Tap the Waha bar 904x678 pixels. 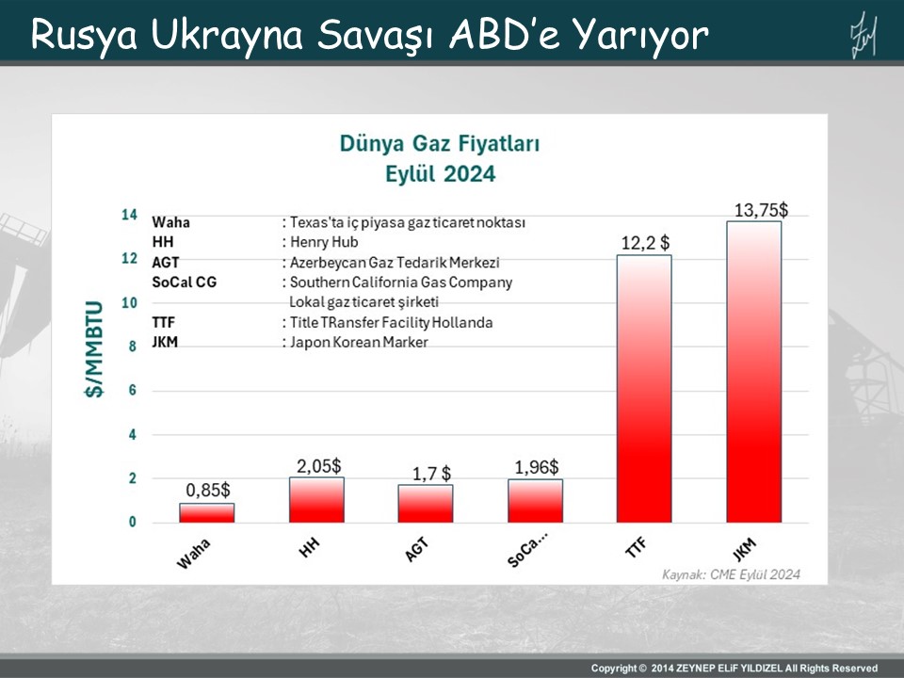point(207,512)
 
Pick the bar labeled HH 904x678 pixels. point(316,499)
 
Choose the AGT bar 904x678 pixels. point(426,503)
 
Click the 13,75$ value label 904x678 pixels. point(761,210)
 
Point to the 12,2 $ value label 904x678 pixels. point(645,244)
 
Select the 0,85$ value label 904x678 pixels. point(208,490)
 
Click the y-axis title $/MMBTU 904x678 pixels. point(96,363)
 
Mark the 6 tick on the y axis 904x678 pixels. point(133,390)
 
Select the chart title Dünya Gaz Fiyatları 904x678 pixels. point(440,144)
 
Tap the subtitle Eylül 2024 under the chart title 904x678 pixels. point(440,173)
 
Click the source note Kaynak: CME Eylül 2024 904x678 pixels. point(731,573)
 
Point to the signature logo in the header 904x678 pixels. point(863,34)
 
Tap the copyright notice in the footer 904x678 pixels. point(734,668)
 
